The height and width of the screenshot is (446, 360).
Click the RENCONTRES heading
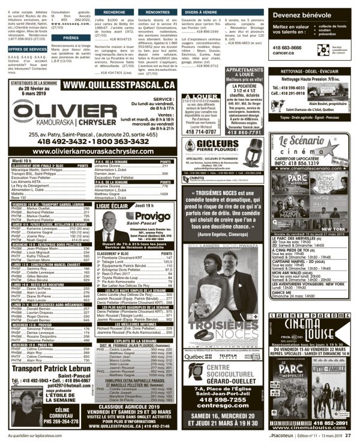pyautogui.click(x=157, y=11)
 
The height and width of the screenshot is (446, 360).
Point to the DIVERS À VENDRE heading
pyautogui.click(x=200, y=11)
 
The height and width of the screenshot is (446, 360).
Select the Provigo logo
pyautogui.click(x=148, y=215)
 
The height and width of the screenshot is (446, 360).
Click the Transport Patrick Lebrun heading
pyautogui.click(x=51, y=369)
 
